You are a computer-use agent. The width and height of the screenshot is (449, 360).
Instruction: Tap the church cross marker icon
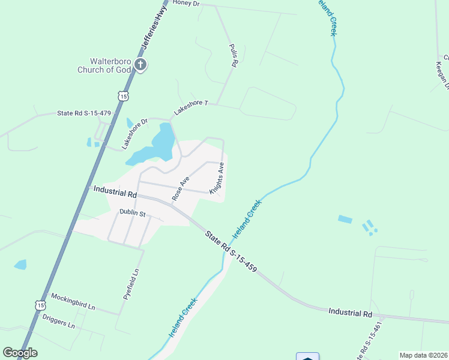coord(140,65)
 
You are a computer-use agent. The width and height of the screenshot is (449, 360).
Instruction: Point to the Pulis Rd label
coord(234,55)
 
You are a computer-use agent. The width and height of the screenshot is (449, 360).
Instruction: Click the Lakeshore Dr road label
coord(134,133)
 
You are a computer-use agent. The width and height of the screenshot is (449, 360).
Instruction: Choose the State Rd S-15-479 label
coord(83,113)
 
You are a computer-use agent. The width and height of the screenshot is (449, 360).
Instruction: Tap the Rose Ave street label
coord(181,188)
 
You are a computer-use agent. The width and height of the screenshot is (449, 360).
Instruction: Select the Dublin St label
coord(133,213)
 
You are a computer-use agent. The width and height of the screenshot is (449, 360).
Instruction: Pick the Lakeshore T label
coord(190,107)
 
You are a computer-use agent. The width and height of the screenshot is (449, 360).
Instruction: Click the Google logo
coord(20,353)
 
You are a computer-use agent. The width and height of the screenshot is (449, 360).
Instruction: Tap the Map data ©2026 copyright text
coord(423,355)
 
